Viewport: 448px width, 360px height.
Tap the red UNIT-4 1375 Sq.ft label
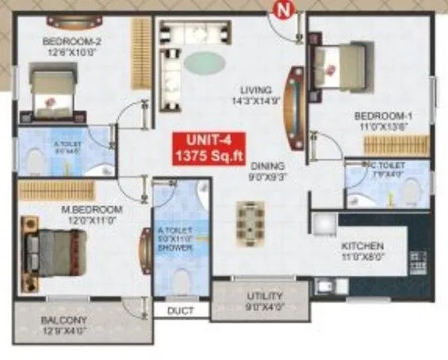(x=209, y=148)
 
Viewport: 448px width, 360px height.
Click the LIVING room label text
(x=257, y=90)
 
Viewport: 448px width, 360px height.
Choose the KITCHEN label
(x=362, y=246)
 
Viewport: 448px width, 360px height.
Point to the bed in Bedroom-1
(x=341, y=63)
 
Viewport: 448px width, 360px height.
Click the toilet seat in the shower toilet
(x=182, y=280)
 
